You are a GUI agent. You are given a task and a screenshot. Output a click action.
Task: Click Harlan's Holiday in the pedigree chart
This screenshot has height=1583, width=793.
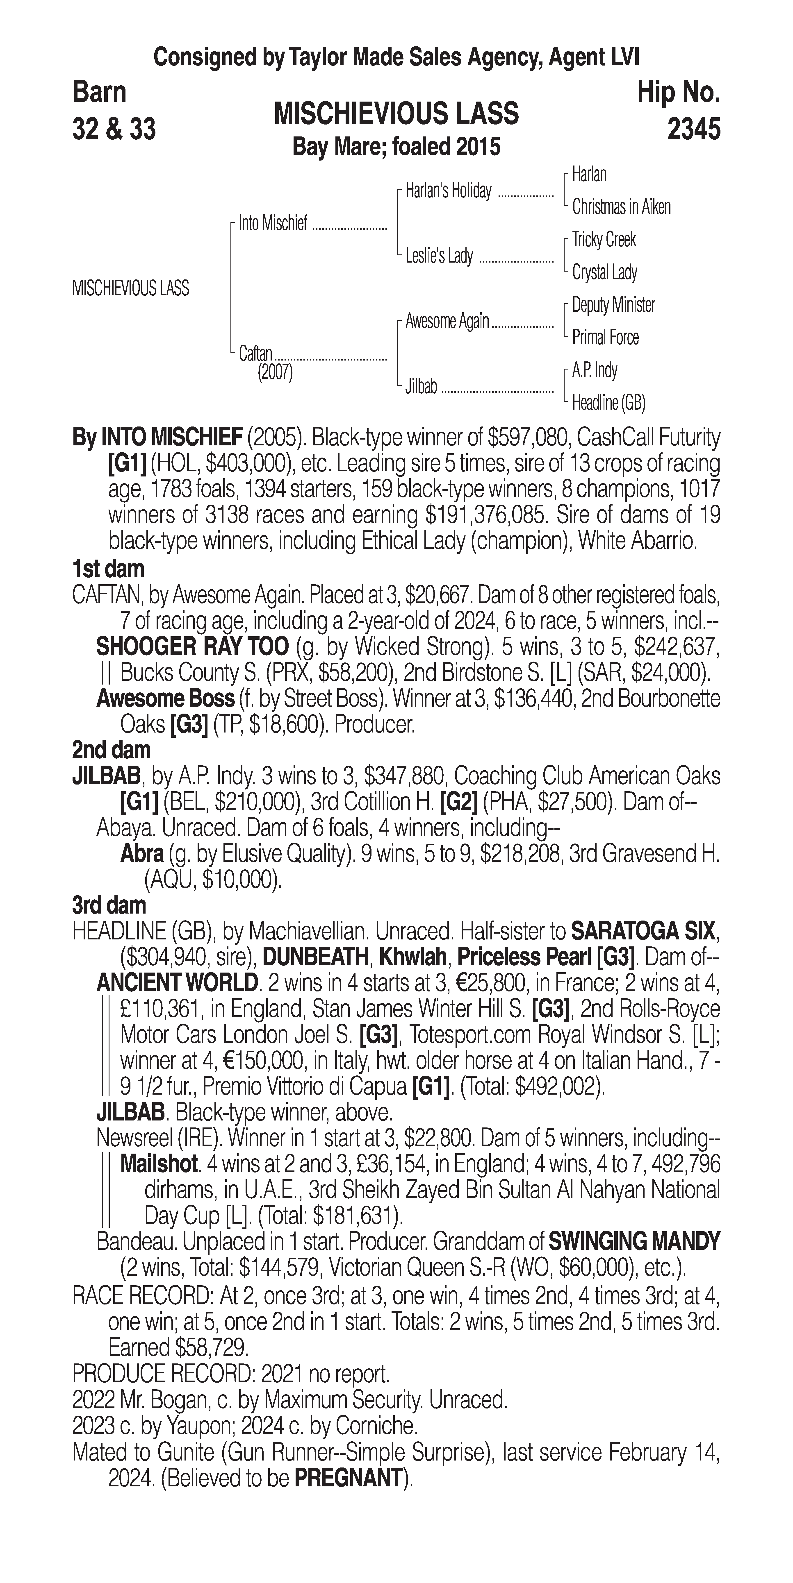point(448,191)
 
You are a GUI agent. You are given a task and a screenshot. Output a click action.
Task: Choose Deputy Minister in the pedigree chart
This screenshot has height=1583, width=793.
point(613,305)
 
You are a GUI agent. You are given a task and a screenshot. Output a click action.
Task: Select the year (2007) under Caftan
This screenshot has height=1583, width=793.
point(275,372)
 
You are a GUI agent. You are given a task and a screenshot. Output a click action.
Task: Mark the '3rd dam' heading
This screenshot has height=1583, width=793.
point(109,905)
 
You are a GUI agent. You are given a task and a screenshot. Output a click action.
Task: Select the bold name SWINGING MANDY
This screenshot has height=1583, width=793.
point(634,1242)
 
